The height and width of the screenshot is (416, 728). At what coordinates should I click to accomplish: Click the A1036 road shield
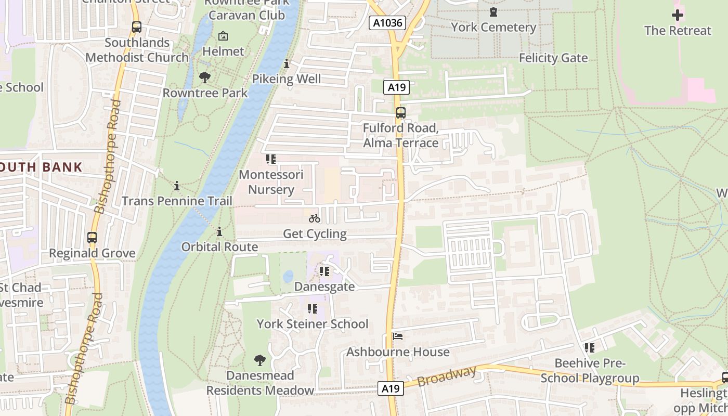(387, 23)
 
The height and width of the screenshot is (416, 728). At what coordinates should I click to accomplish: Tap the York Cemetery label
(493, 27)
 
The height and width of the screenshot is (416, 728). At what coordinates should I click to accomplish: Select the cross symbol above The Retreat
(677, 15)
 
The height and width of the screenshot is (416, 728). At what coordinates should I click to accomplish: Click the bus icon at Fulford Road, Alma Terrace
(400, 112)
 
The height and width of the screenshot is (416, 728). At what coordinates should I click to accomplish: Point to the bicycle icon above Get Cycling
(314, 219)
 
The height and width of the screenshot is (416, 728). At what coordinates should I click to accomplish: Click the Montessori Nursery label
(270, 181)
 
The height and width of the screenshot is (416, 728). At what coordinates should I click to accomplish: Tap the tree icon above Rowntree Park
(205, 77)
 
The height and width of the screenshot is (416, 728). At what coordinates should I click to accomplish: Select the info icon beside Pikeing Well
(286, 64)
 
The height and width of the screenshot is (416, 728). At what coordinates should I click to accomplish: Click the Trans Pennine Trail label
(177, 201)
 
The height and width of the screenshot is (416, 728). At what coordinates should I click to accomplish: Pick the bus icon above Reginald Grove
(92, 238)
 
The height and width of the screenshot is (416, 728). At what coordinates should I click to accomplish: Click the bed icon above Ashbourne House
(398, 336)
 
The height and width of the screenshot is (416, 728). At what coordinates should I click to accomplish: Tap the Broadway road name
(447, 376)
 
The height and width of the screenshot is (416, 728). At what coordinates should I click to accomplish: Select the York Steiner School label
(312, 324)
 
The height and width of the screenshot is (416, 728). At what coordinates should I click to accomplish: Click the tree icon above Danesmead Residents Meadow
(259, 360)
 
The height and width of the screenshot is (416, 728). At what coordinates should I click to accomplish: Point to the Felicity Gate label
(553, 58)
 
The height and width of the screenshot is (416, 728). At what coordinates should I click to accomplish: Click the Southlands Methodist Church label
(137, 50)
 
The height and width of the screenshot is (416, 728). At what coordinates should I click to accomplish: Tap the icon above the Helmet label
(223, 36)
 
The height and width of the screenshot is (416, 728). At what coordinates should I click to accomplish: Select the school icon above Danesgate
(324, 271)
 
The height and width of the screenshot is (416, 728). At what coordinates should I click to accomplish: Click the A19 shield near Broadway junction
(390, 388)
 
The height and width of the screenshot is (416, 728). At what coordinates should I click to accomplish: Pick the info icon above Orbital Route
(219, 231)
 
